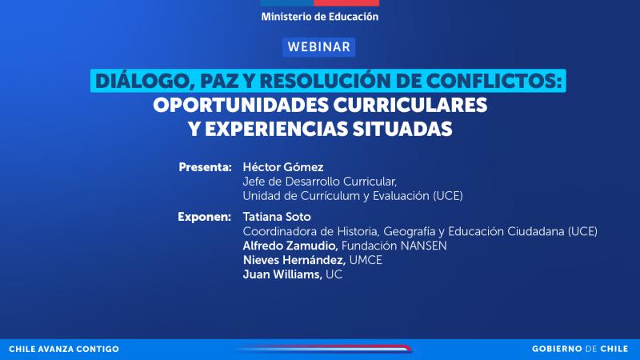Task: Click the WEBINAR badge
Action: coord(319,46)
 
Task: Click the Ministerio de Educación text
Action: coord(319,16)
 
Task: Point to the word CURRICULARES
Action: coord(415,105)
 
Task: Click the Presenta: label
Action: coord(206,167)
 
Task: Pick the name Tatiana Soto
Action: coord(278,217)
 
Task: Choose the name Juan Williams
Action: coord(282,274)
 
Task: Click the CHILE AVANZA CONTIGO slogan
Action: coord(64,350)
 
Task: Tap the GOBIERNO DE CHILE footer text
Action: coord(581,350)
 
